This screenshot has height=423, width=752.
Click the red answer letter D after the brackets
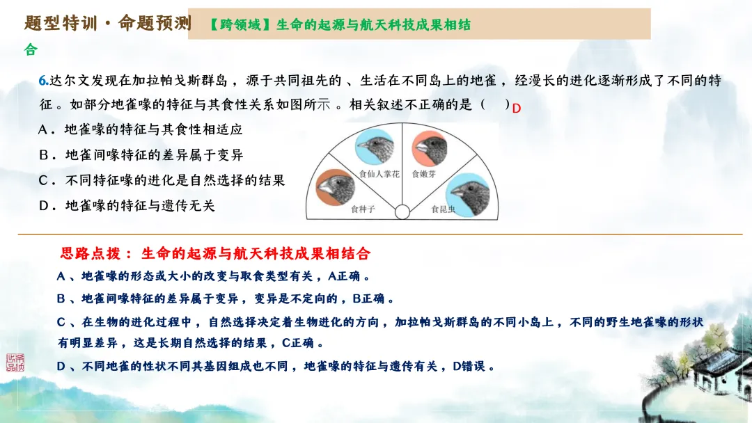(x=517, y=108)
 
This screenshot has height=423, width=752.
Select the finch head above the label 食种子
(x=336, y=187)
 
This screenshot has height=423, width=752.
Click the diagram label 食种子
(x=363, y=208)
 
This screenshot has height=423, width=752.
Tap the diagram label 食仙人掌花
(x=379, y=175)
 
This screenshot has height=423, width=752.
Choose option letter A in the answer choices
(x=44, y=130)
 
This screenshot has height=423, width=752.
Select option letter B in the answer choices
(x=44, y=155)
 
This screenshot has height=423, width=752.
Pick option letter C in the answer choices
(x=44, y=180)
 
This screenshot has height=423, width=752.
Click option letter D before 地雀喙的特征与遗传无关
(x=44, y=205)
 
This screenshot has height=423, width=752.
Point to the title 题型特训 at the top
(x=58, y=23)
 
